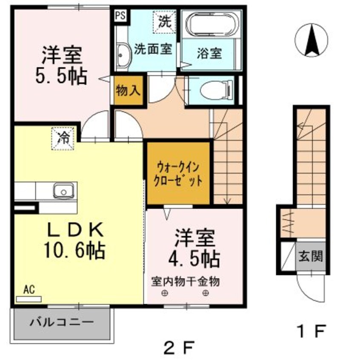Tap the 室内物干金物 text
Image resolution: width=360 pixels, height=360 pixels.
186,281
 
